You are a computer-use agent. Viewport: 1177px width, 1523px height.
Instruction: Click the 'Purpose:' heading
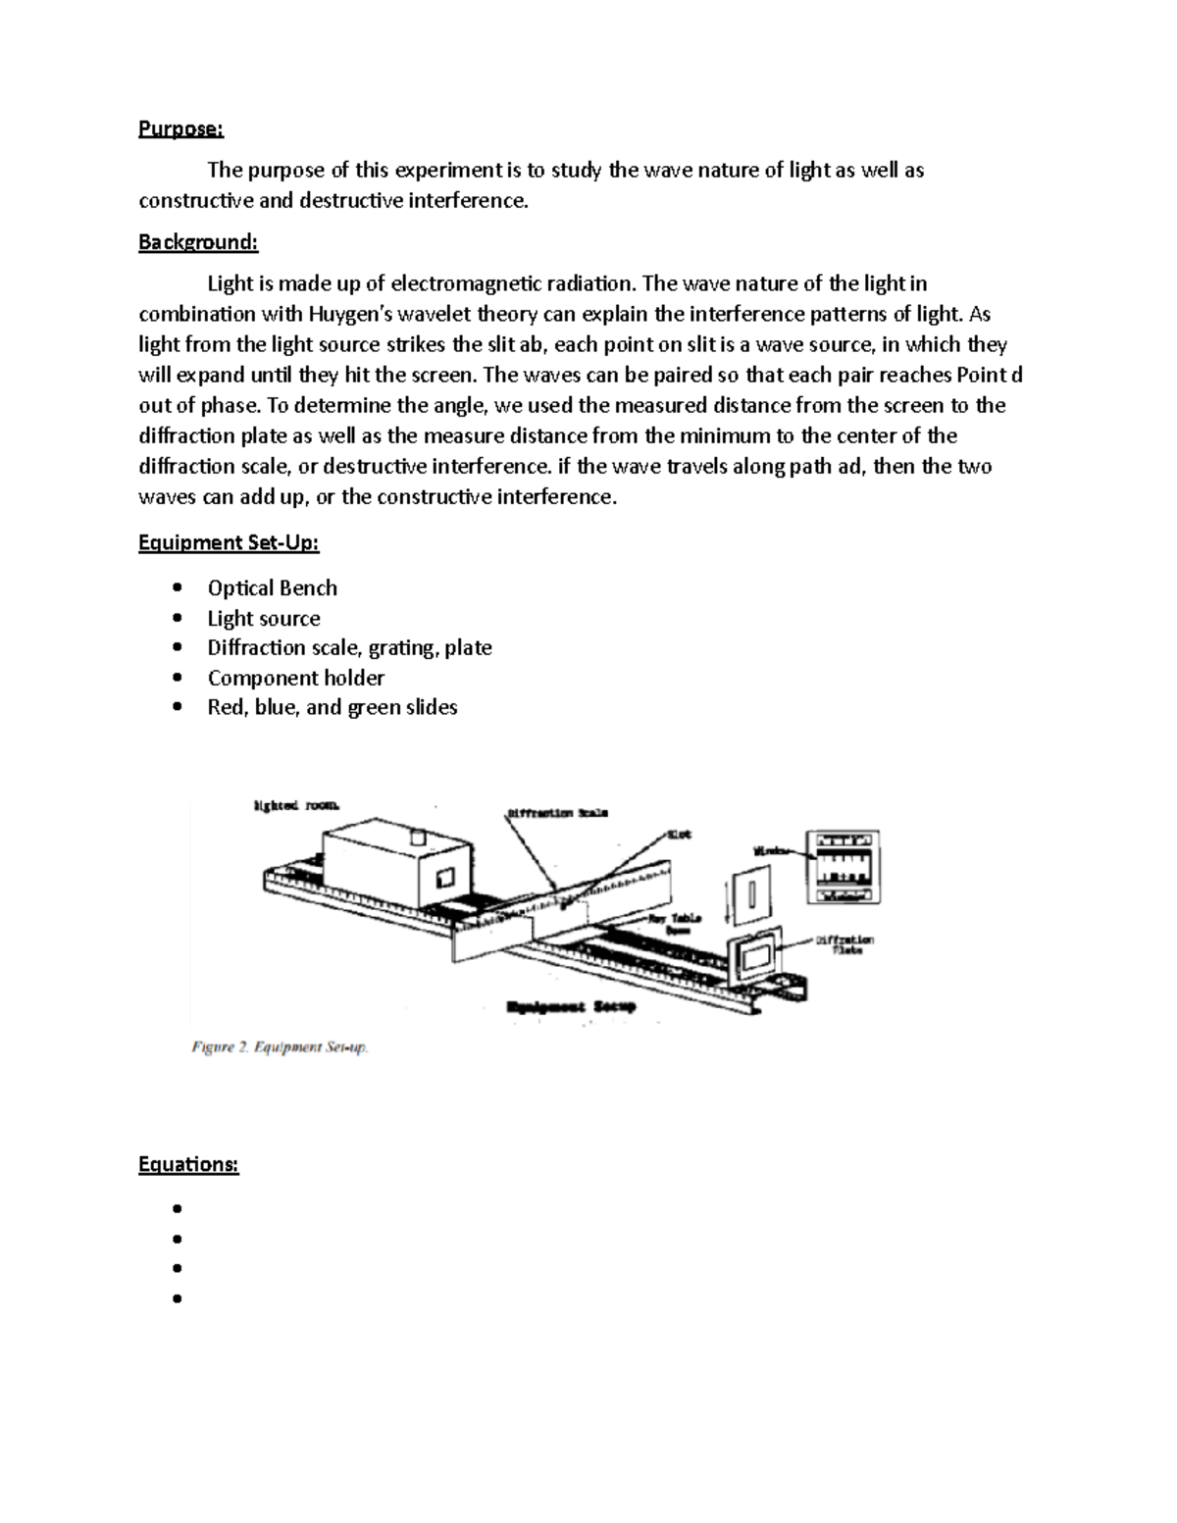click(x=180, y=128)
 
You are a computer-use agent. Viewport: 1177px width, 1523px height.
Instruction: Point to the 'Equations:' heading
click(x=188, y=1164)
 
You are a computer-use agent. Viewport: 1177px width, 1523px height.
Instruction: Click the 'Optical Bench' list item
click(x=272, y=587)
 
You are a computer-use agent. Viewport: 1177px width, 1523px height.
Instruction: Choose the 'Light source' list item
click(x=263, y=618)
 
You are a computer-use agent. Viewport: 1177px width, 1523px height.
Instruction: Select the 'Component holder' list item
click(x=295, y=678)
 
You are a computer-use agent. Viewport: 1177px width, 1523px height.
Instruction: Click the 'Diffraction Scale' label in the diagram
click(x=558, y=813)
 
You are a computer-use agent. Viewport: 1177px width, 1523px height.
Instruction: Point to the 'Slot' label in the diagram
click(x=679, y=835)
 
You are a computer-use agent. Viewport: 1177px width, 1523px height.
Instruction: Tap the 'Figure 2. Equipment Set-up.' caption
click(x=280, y=1047)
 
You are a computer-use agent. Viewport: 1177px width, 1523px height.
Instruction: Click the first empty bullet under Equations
click(x=178, y=1209)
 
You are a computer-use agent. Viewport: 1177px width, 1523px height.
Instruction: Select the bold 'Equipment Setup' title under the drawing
click(x=571, y=1007)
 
